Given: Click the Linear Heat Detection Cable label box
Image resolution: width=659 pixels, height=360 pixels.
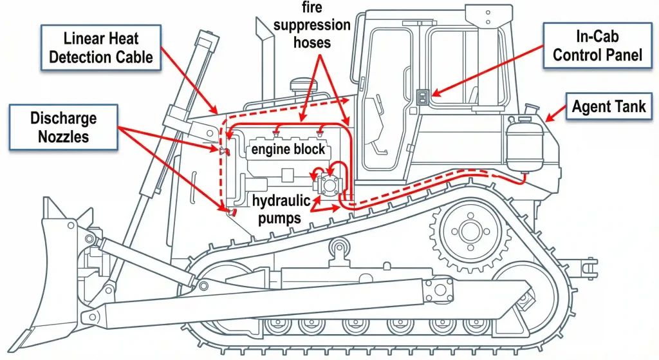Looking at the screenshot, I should (x=102, y=48).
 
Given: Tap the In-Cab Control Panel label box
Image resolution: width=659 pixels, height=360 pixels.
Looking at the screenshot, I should (x=597, y=46).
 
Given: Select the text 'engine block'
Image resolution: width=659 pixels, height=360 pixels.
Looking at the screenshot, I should (x=288, y=150).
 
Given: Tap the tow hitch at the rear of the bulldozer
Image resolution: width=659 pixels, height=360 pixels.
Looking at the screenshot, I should (x=583, y=265).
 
